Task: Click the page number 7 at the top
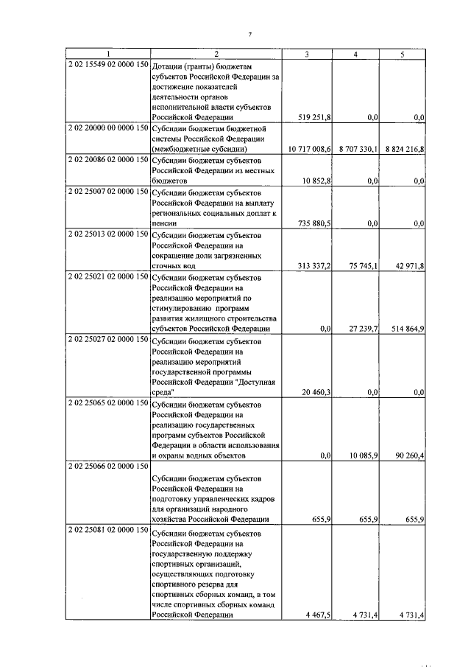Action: coord(249,35)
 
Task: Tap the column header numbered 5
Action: coord(402,55)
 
